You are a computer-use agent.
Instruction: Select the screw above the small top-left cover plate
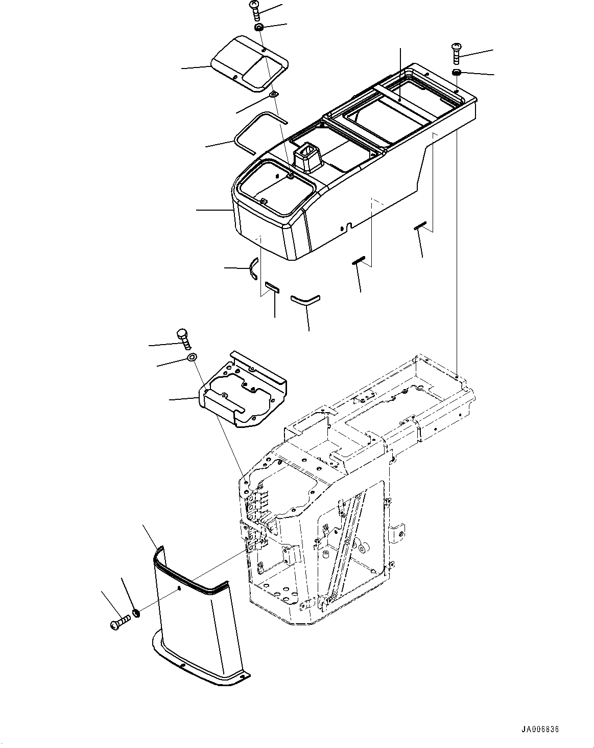tap(256, 10)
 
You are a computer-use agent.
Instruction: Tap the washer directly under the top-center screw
tap(259, 27)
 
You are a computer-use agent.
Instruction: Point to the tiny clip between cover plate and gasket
tap(275, 94)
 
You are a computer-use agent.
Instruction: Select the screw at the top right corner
tap(456, 52)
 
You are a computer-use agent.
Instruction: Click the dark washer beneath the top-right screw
tap(457, 72)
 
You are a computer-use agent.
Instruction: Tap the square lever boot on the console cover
tap(306, 156)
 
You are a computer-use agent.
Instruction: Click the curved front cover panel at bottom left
tap(192, 624)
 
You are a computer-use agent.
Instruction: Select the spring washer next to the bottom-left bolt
tap(136, 613)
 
